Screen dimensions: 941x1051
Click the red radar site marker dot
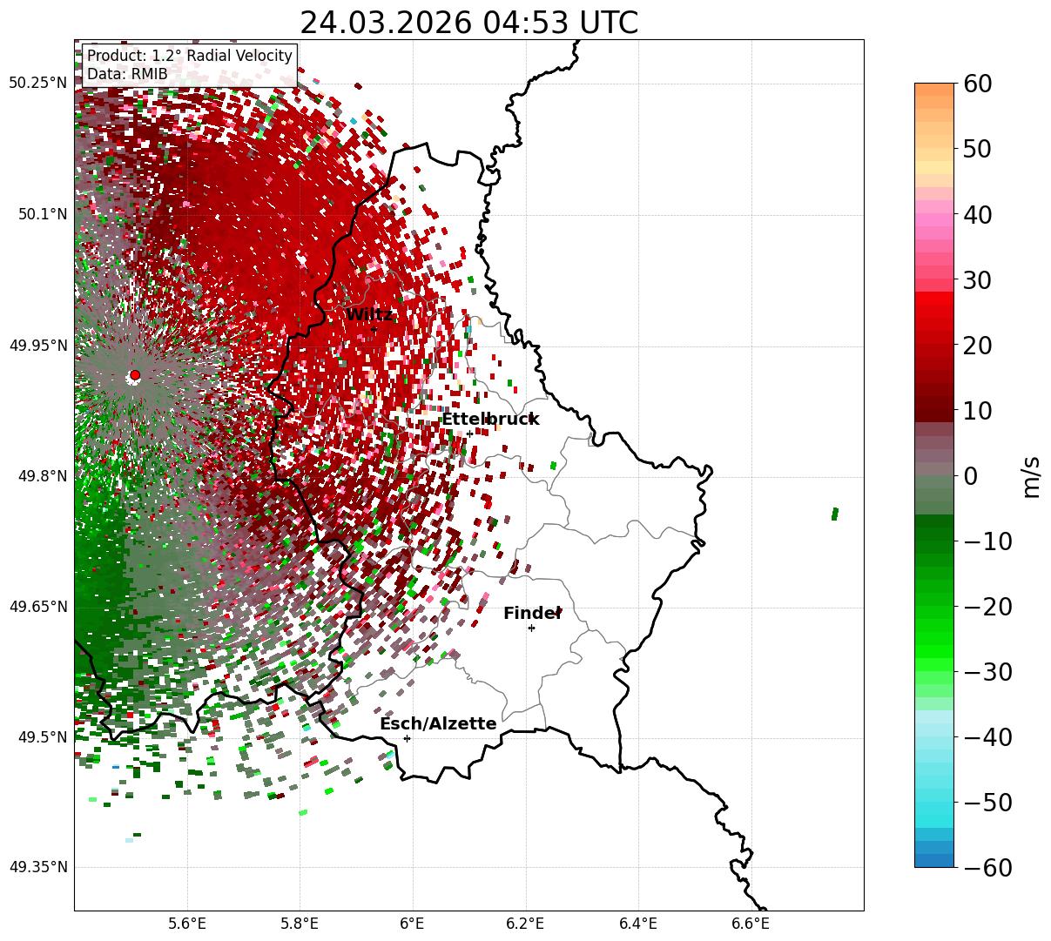[135, 375]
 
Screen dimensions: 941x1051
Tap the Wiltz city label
[369, 314]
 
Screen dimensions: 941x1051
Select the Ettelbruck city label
[490, 419]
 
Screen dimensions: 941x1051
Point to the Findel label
[532, 613]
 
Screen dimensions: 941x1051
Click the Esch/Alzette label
[438, 723]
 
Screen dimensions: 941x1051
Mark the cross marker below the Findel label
[531, 628]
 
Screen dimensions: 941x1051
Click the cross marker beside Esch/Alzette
[407, 738]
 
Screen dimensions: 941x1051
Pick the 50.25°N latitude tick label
[37, 83]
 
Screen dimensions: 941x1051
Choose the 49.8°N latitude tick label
[41, 476]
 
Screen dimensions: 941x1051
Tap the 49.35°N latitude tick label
[37, 867]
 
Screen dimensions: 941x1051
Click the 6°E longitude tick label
[412, 922]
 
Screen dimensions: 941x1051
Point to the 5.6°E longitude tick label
[187, 922]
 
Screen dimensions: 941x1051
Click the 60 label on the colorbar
[980, 84]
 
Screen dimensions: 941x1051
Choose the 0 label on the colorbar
[970, 476]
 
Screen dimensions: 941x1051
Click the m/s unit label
[1032, 476]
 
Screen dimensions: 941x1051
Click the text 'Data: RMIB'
[127, 74]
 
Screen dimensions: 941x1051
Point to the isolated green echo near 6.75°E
[834, 514]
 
